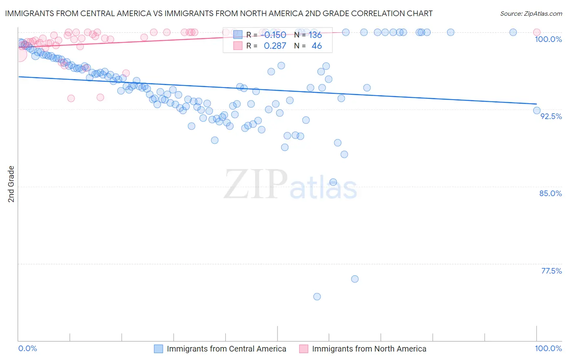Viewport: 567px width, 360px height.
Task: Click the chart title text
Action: [219, 13]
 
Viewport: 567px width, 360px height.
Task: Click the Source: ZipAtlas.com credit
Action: [531, 14]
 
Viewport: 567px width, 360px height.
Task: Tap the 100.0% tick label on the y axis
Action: [548, 39]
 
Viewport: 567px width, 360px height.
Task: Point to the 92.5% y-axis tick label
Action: [551, 116]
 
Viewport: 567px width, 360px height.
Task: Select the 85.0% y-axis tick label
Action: [550, 193]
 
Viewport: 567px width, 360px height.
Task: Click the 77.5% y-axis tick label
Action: [551, 271]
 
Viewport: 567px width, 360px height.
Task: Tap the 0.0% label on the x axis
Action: [27, 348]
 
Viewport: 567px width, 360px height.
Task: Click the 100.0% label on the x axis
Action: [548, 348]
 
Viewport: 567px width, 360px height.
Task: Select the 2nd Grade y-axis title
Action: [11, 184]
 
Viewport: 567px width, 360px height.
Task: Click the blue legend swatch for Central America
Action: [158, 349]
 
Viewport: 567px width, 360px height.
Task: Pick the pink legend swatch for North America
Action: [304, 349]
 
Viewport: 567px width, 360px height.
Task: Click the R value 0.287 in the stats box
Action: [275, 46]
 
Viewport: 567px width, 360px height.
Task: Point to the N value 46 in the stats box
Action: [317, 46]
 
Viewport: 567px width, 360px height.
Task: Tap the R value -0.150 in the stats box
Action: [275, 35]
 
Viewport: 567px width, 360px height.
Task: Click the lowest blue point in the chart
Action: [317, 297]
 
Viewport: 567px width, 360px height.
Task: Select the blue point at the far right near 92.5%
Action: [537, 110]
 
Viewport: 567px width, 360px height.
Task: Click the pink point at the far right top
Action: [537, 32]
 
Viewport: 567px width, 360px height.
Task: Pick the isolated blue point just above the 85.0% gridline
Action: [333, 182]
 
